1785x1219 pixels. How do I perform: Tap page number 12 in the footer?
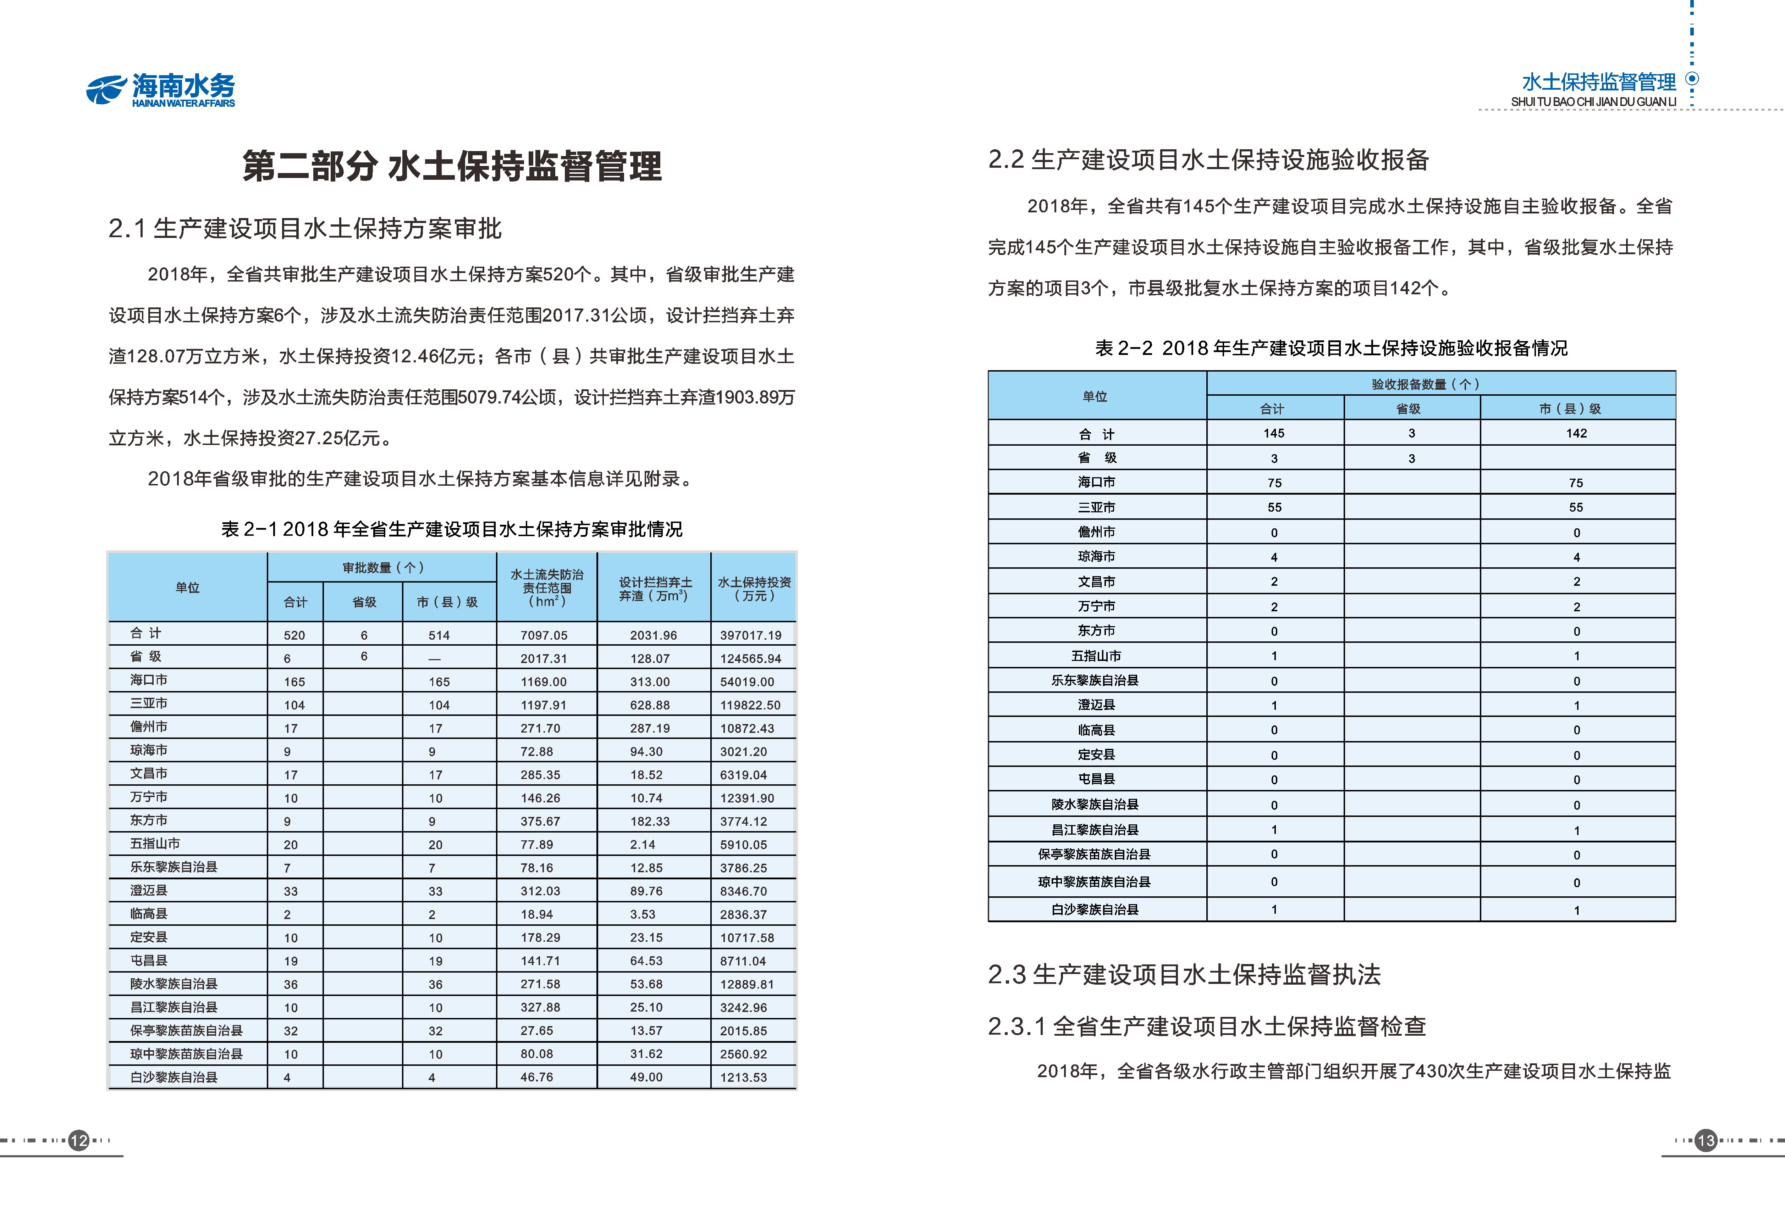79,1141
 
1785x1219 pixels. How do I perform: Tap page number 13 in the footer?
1706,1141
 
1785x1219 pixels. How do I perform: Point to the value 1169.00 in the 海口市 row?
544,682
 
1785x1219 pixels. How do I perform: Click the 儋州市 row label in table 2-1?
149,727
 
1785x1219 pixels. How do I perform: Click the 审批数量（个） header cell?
382,568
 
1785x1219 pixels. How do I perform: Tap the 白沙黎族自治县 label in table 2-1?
174,1077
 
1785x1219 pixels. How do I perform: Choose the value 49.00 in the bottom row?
646,1077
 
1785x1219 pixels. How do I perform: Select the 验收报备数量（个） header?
1425,384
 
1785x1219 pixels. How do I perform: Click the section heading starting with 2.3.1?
1207,1026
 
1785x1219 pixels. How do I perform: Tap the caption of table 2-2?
1331,349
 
